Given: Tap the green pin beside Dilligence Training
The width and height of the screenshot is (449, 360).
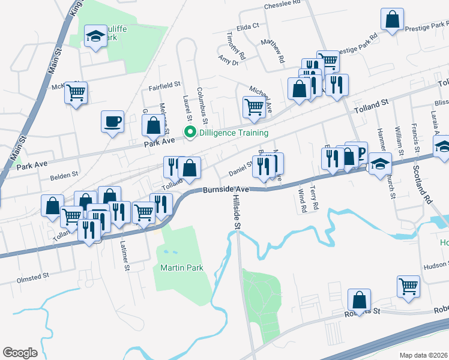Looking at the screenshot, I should point(190,133).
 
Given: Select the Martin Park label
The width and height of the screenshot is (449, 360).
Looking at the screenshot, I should point(182,268).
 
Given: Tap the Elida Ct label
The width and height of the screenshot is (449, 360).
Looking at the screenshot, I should point(247,26).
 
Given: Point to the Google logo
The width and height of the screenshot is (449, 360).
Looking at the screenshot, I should point(20,353).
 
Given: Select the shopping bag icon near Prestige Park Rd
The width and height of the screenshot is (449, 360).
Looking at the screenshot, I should point(393,19).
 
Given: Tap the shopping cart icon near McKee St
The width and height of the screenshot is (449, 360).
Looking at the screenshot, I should point(76,92).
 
